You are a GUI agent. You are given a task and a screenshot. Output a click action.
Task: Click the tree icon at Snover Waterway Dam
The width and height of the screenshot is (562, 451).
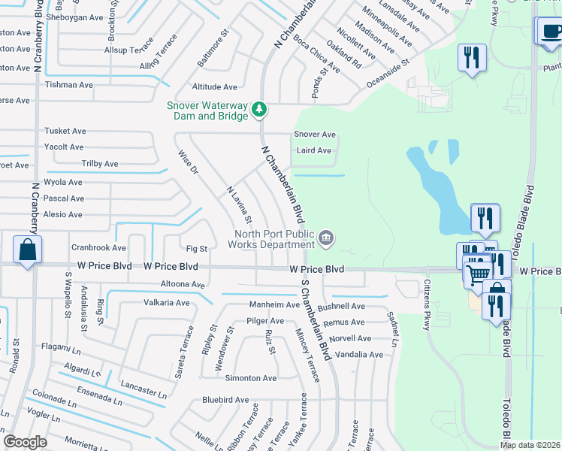click(x=259, y=110)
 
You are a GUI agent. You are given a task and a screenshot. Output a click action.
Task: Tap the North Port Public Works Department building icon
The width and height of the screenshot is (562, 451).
click(x=325, y=238)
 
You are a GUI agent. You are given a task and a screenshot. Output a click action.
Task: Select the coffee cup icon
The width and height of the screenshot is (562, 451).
click(x=551, y=32)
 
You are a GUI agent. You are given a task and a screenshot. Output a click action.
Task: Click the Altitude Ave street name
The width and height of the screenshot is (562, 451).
click(x=214, y=87)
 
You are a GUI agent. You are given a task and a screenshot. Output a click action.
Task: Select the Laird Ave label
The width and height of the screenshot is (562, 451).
click(x=313, y=150)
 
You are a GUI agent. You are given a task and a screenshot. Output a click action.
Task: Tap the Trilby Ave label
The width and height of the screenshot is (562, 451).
click(x=100, y=164)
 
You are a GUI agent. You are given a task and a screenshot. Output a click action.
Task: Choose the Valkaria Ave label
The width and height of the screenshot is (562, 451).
click(x=167, y=303)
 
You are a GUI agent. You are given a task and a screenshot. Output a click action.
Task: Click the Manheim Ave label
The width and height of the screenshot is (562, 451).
click(x=275, y=305)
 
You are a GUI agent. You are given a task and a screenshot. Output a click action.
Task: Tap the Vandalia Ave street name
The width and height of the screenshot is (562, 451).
click(x=359, y=355)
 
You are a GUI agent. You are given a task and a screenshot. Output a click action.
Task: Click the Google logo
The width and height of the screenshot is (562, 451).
click(x=26, y=442)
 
